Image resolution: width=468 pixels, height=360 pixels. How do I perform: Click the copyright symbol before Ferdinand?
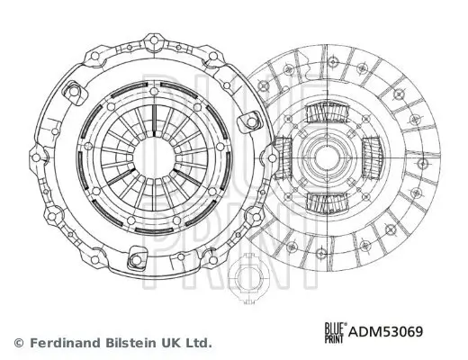[19, 343]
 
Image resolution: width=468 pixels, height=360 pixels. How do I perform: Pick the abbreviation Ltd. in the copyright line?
[198, 343]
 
